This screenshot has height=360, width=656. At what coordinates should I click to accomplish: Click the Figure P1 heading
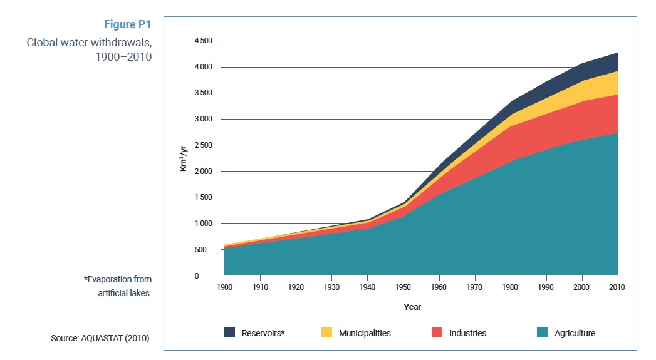point(127,25)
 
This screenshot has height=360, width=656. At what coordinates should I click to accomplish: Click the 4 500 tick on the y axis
point(204,41)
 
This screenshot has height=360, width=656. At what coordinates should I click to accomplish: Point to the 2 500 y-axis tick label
point(204,145)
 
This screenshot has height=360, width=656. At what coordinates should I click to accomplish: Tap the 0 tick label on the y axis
point(212,276)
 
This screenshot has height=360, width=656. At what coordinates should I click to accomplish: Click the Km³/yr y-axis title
point(184,158)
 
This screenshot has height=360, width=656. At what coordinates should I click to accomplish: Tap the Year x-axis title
point(413,307)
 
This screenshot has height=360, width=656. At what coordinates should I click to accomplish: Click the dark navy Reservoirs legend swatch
point(230,333)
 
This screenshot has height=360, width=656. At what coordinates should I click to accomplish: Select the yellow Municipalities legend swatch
point(327,333)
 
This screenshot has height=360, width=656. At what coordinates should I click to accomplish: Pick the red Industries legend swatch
point(437,333)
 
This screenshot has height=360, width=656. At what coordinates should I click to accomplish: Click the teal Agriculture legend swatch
point(543,333)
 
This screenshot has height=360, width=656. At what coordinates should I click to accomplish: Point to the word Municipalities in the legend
point(365,333)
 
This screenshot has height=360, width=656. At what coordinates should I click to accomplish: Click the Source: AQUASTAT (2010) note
point(102,339)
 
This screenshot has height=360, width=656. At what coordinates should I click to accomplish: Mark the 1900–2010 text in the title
point(123,56)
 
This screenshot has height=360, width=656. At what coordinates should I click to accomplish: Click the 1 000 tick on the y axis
point(204,224)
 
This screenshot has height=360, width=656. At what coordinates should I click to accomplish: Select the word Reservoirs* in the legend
point(263,333)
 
